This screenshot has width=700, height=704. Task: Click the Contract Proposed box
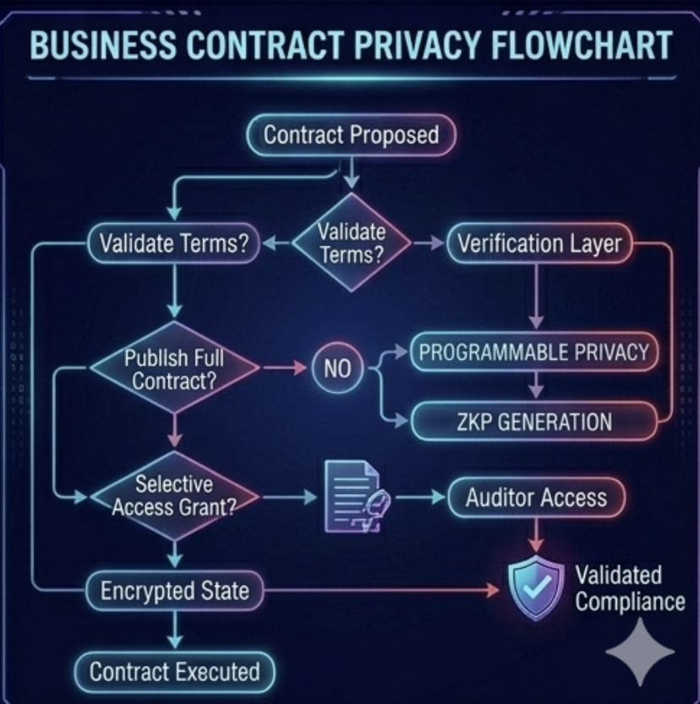pyautogui.click(x=351, y=135)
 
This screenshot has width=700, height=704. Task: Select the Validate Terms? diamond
pyautogui.click(x=352, y=243)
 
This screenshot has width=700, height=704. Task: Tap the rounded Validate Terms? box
pyautogui.click(x=173, y=243)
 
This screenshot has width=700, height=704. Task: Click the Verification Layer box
pyautogui.click(x=539, y=243)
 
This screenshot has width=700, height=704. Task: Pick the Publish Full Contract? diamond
pyautogui.click(x=174, y=368)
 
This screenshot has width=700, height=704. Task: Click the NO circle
pyautogui.click(x=336, y=368)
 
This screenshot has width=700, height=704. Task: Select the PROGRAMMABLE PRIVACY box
pyautogui.click(x=533, y=352)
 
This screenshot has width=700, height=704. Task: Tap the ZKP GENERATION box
pyautogui.click(x=533, y=421)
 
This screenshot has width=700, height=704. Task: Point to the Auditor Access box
pyautogui.click(x=536, y=497)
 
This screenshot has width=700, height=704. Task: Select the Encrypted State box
pyautogui.click(x=174, y=590)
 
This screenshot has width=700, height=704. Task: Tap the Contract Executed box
pyautogui.click(x=174, y=672)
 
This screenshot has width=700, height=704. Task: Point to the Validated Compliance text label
pyautogui.click(x=630, y=588)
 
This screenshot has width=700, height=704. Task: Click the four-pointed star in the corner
pyautogui.click(x=640, y=651)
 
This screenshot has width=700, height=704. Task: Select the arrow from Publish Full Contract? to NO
pyautogui.click(x=285, y=368)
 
